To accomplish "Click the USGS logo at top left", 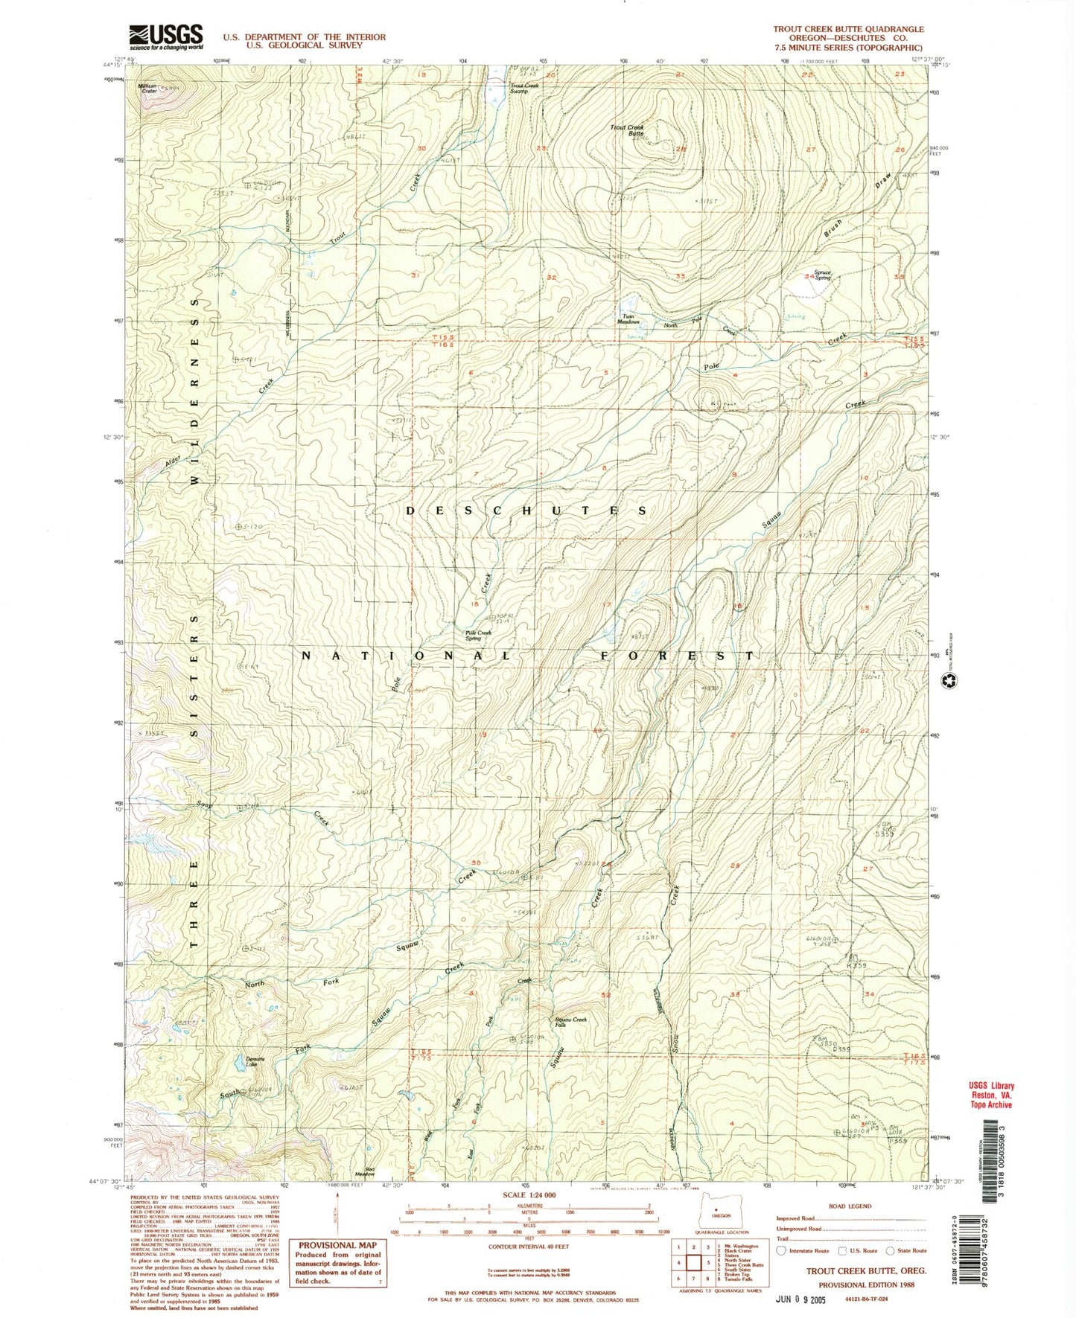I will [165, 36].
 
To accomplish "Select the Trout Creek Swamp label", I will [524, 87].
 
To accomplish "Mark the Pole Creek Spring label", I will [479, 636].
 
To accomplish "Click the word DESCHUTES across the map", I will [527, 511].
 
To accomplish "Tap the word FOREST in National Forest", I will [678, 656].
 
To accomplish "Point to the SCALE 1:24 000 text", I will [529, 1194].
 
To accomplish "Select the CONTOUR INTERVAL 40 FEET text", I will [529, 1245].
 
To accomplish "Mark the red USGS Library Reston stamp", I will [990, 1095].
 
